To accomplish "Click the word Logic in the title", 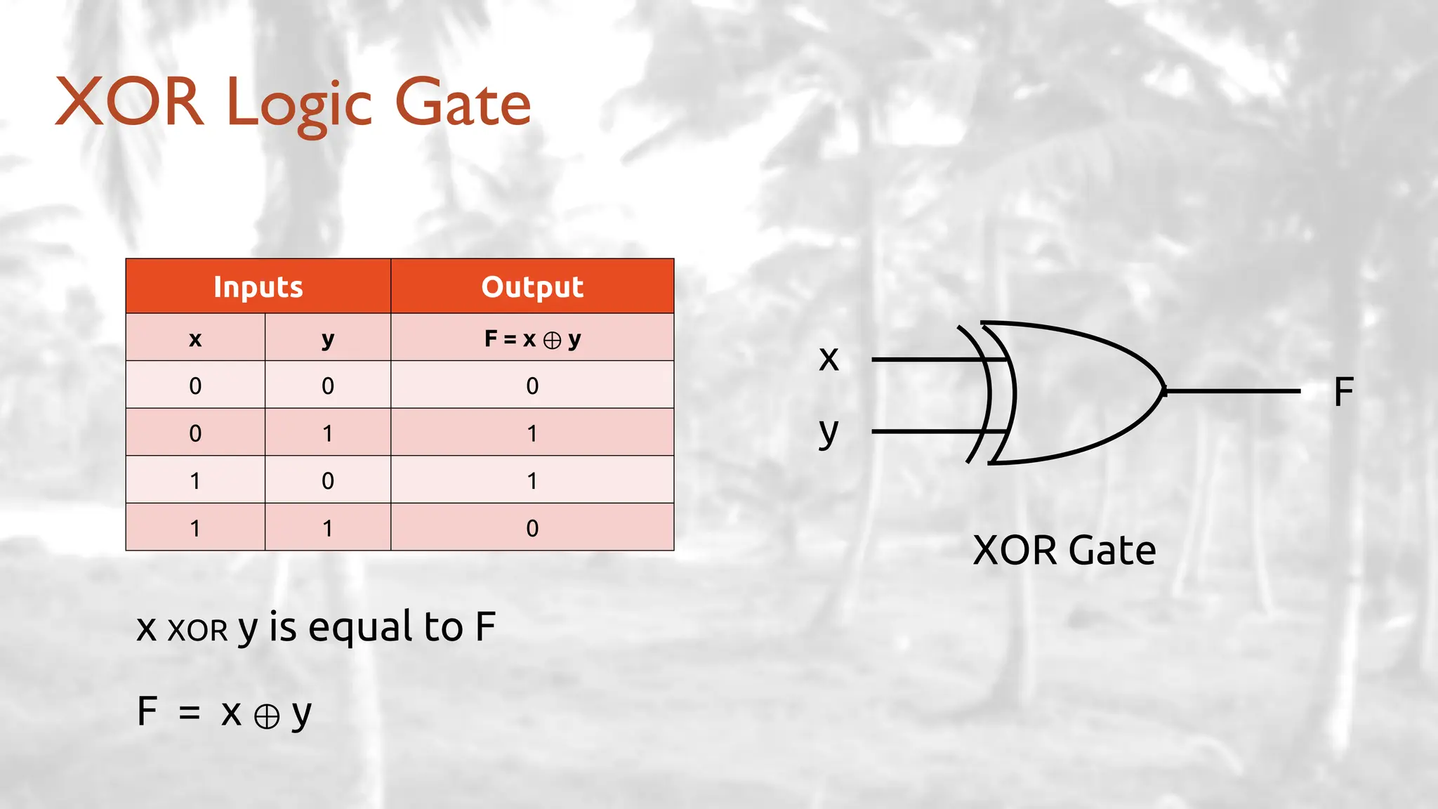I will click(x=299, y=104).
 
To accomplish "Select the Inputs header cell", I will click(x=258, y=287).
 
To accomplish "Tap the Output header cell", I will click(x=532, y=287).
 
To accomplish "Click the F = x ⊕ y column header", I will click(x=532, y=338).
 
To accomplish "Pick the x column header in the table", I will click(x=195, y=338).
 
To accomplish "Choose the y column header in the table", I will click(x=328, y=338).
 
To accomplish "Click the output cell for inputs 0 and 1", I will click(x=532, y=433).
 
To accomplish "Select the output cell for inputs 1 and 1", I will click(x=532, y=528).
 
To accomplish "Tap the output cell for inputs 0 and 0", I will click(x=532, y=386).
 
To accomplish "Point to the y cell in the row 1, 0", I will click(x=328, y=481).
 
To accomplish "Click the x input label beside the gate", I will click(x=829, y=359).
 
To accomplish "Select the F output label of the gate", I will click(x=1343, y=392).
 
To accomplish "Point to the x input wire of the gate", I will click(x=927, y=360).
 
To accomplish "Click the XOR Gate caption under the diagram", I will click(x=1064, y=550).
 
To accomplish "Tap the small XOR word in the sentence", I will click(x=197, y=631).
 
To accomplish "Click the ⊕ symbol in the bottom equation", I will click(x=267, y=717).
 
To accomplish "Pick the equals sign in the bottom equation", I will click(x=189, y=713).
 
